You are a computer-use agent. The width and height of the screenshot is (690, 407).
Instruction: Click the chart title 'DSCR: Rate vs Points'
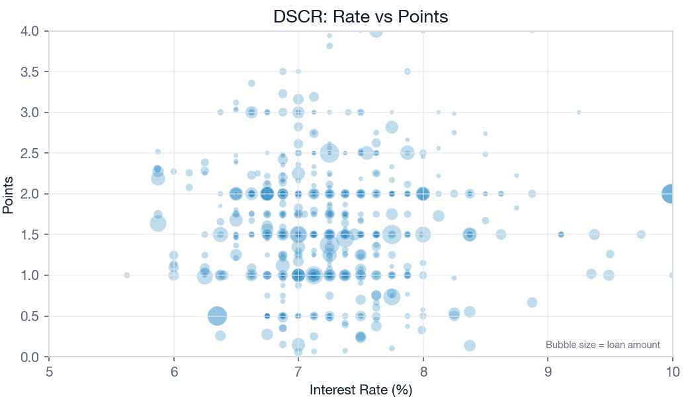361,17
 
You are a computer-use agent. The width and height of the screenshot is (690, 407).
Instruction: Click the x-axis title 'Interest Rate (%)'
361,390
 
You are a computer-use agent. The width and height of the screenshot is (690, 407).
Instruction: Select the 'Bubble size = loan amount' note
603,345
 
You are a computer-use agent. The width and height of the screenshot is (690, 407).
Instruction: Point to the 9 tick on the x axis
548,371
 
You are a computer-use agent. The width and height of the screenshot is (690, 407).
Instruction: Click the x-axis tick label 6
174,371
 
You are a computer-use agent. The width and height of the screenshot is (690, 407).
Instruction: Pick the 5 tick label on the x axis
50,371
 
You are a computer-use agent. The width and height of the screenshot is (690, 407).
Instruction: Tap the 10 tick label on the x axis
672,371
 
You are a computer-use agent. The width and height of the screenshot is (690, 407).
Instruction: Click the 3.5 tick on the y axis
30,71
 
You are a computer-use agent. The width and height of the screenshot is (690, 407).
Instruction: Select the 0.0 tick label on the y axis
30,357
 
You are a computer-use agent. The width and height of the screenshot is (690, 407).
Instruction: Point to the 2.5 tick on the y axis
30,153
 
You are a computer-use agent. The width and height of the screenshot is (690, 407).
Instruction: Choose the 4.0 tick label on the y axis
30,31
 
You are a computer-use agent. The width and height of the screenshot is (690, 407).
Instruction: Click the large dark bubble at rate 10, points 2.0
671,194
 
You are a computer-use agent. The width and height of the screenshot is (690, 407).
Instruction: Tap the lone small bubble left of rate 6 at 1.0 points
126,275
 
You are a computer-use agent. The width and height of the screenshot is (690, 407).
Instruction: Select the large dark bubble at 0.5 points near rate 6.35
217,316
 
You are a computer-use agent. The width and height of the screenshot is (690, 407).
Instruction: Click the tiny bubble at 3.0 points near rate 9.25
579,113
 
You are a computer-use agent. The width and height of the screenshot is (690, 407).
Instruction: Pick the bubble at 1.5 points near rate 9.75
641,234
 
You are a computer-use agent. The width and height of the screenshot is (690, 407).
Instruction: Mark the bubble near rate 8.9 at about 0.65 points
532,302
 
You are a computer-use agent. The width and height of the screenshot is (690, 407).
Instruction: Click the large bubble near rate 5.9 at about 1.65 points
158,223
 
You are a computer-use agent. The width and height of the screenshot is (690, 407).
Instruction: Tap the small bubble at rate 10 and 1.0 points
671,275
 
